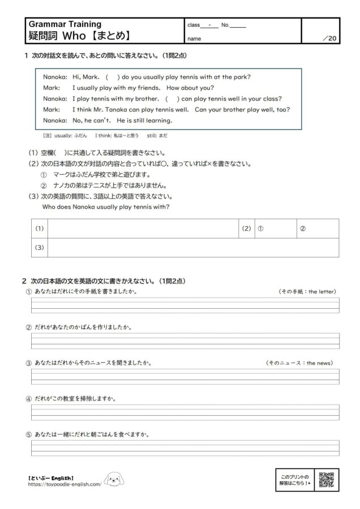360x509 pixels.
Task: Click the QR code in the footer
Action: pos(328,480)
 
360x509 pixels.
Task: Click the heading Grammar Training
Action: pos(65,24)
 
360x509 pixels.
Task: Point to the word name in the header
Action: pos(194,39)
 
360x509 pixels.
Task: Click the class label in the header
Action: pos(194,25)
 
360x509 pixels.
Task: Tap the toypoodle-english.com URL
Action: pos(65,485)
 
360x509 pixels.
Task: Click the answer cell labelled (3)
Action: pos(192,247)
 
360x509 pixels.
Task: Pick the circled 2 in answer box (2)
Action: pos(302,228)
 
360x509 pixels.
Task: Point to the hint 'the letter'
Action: pos(322,291)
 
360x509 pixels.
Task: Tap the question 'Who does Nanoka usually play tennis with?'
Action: pos(106,206)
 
